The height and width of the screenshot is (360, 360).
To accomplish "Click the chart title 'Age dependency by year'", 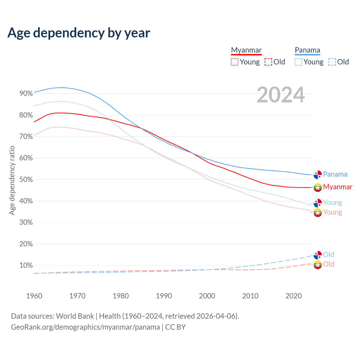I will coord(79,33).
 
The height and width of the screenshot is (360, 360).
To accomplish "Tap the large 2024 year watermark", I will coord(281,95).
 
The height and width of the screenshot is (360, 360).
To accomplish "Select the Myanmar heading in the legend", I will coord(246,50).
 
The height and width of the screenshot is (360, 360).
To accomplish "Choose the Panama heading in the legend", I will coord(307,50).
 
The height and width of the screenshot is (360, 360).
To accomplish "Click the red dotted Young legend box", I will coord(234,62).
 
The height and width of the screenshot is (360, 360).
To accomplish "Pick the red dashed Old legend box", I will coord(268,62).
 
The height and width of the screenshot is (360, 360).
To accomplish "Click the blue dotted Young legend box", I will coord(298,62).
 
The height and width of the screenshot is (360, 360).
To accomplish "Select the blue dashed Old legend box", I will coord(332,62).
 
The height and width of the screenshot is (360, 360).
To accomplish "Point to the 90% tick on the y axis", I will coord(26,94).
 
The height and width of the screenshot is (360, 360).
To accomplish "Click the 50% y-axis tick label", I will coord(26,179).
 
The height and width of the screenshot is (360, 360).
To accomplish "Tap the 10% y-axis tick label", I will coord(26,265).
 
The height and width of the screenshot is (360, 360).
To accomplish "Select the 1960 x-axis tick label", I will coord(34,296).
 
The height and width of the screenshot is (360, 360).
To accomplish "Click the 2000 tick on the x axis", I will coord(207,296).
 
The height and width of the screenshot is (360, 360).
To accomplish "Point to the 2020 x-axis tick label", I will coord(293,296).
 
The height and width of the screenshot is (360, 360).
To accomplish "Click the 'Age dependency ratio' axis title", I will coord(12,180).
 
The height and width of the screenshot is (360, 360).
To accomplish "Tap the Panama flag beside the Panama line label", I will coord(318,175).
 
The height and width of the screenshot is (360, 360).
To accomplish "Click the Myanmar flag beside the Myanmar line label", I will coord(318,187).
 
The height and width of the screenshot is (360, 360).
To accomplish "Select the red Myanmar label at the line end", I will coord(337,187).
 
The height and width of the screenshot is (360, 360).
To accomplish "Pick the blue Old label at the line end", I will coord(328,255).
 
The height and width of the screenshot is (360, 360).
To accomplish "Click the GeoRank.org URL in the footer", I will coord(85,327).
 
